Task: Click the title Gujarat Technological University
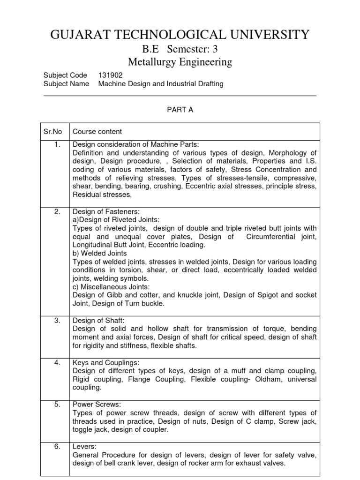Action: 180,34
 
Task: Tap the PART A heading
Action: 180,110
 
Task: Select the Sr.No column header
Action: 53,132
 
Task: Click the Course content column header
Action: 97,132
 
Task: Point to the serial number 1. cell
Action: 58,144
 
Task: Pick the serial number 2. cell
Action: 58,212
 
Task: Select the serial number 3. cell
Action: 58,321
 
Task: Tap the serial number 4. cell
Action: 58,362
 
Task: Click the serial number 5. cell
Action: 58,404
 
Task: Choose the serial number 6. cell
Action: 58,446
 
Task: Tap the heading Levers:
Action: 85,446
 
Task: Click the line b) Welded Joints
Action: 100,253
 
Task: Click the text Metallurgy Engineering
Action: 180,61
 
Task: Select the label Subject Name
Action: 66,84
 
